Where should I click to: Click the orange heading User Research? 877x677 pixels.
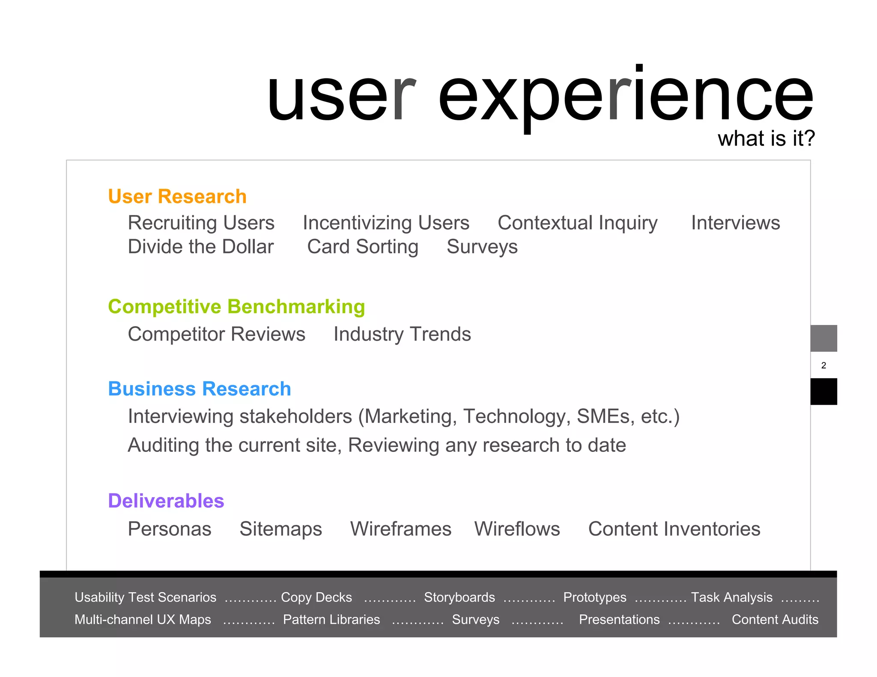tap(177, 196)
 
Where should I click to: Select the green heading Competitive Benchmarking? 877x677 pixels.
tap(236, 307)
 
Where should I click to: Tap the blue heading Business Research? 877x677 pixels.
tap(200, 389)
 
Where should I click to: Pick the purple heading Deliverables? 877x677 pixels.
tap(166, 501)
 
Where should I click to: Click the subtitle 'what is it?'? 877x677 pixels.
tap(766, 139)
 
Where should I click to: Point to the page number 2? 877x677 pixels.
tap(823, 365)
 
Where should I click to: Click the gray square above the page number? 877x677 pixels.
tap(823, 338)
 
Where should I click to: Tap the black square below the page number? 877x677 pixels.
tap(823, 392)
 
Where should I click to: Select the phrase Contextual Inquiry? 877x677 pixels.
tap(577, 223)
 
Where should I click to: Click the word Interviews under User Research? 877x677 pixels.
tap(735, 223)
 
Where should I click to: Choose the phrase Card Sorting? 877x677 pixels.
tap(363, 247)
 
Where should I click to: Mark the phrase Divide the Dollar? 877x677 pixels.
tap(201, 247)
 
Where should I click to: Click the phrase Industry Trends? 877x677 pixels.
tap(402, 334)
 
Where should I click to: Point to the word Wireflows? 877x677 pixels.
tap(517, 529)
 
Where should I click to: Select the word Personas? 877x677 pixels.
tap(170, 529)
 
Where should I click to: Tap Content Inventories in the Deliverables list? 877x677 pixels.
tap(674, 529)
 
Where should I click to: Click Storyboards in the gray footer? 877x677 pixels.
tap(459, 597)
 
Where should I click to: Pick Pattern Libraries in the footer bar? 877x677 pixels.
tap(331, 620)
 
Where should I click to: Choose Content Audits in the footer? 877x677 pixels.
tap(775, 620)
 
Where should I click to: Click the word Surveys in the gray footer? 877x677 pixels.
tap(476, 620)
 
